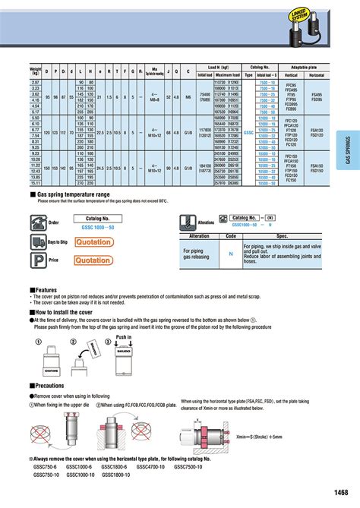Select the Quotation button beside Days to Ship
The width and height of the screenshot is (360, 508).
coord(93,241)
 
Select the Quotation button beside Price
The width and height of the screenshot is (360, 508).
coord(93,260)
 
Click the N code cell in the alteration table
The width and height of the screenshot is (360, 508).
coord(231,254)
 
